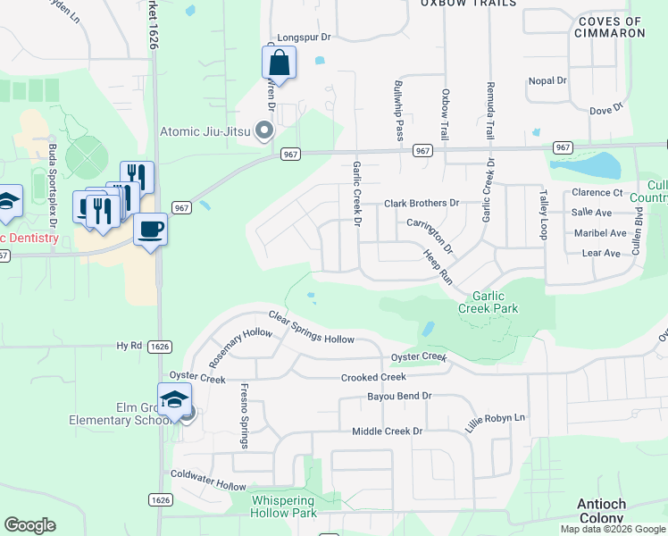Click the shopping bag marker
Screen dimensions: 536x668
(x=279, y=63)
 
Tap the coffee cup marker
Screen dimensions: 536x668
(x=150, y=230)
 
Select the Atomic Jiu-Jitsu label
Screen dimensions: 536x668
(x=205, y=132)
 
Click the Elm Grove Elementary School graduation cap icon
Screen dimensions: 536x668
(x=174, y=399)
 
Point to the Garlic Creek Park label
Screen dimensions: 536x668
(x=488, y=302)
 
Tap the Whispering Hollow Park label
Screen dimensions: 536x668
(x=284, y=507)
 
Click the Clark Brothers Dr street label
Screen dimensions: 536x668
(x=421, y=204)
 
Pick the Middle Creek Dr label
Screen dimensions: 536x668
(x=387, y=431)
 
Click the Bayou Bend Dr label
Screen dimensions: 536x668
(x=399, y=396)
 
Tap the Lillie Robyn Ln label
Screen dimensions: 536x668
(x=496, y=418)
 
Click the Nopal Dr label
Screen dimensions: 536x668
(x=547, y=80)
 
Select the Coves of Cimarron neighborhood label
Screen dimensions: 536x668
(x=612, y=27)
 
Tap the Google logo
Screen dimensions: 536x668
(x=29, y=525)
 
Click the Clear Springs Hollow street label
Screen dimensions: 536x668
(x=312, y=328)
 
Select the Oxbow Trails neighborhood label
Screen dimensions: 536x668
(x=469, y=4)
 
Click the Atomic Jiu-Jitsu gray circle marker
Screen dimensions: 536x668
(x=263, y=132)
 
